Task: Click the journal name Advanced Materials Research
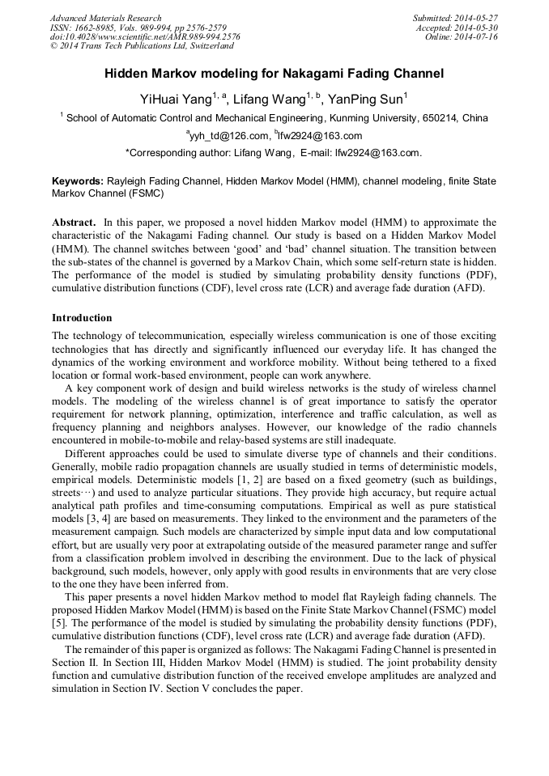pos(105,18)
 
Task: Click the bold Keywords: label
pos(78,182)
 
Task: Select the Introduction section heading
pos(82,318)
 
